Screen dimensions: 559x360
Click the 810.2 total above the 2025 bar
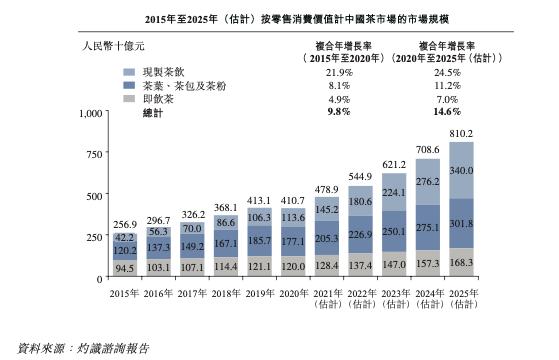461,134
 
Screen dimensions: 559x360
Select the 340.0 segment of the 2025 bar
461,170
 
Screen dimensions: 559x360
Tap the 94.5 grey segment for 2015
125,268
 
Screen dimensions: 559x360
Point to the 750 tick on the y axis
94,154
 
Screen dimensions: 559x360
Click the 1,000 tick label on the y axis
91,113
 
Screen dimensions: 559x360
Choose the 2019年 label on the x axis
260,293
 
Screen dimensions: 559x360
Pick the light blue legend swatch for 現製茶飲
129,72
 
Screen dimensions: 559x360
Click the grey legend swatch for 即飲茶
129,99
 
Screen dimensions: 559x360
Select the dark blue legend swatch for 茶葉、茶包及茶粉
129,86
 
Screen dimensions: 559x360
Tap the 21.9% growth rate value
339,73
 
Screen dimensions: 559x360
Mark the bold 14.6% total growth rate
447,112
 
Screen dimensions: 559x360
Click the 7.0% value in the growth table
447,99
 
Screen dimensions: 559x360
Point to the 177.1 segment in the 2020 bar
293,241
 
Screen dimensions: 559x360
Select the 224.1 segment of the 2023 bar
394,192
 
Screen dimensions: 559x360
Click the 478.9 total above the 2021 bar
327,189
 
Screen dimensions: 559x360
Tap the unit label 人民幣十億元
113,46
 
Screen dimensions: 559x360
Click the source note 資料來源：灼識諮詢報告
83,348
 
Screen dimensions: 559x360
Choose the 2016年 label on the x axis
158,293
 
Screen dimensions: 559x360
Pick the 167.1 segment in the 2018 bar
226,243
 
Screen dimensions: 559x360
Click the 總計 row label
153,113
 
